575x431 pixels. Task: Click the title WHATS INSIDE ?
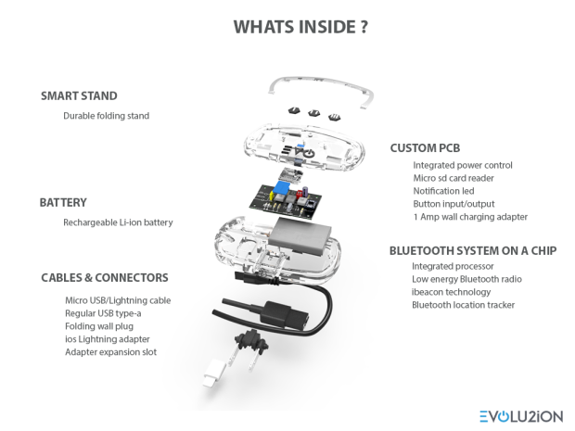tap(287, 25)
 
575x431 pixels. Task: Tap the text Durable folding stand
tap(106, 116)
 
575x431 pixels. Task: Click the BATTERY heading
tap(63, 202)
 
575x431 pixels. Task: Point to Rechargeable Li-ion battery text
tap(118, 222)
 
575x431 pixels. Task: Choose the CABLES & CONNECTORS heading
tap(105, 277)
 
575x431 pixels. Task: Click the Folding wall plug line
tap(99, 326)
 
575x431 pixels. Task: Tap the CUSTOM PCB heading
tap(426, 147)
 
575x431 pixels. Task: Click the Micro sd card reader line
tap(454, 178)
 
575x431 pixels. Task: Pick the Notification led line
tap(447, 191)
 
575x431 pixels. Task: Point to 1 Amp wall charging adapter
tap(469, 217)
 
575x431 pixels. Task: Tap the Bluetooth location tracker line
tap(463, 305)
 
